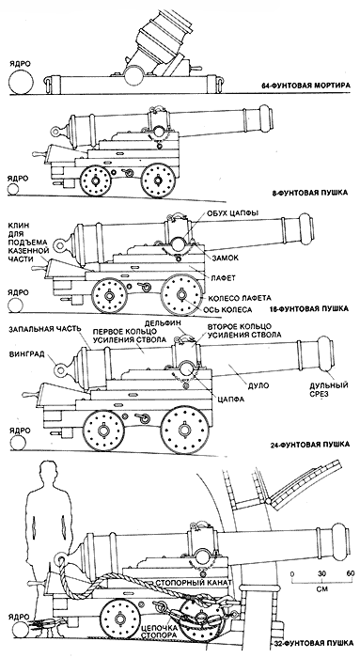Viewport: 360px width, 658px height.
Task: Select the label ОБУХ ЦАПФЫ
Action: pyautogui.click(x=233, y=213)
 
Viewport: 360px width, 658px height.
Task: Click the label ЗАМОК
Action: pyautogui.click(x=226, y=258)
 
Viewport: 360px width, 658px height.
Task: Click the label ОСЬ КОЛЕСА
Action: pyautogui.click(x=228, y=309)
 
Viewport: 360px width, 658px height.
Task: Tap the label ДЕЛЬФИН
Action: pyautogui.click(x=162, y=323)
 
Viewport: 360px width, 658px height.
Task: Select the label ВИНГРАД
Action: pyautogui.click(x=26, y=353)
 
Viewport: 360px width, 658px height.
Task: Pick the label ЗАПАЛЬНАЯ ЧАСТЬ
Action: pyautogui.click(x=43, y=329)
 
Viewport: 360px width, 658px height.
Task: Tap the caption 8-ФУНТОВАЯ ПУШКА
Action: pyautogui.click(x=310, y=193)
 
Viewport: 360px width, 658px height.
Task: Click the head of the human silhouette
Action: pyautogui.click(x=47, y=474)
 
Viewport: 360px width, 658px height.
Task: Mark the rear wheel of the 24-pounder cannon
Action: pyautogui.click(x=102, y=431)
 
